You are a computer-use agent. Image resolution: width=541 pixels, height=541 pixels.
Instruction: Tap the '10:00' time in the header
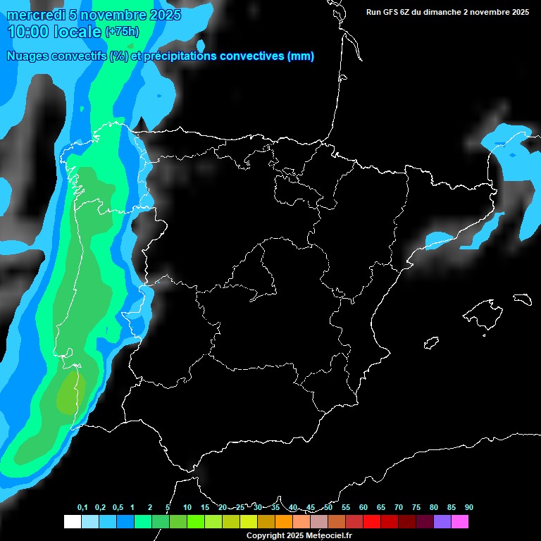(x=30, y=31)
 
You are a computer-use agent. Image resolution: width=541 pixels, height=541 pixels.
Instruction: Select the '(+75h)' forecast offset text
(x=122, y=32)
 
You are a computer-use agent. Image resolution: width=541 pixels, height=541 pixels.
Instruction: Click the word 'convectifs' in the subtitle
(x=78, y=56)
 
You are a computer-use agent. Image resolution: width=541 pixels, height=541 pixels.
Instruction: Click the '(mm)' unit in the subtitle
(x=301, y=56)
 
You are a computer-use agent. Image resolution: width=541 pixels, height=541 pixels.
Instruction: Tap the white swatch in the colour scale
(x=72, y=522)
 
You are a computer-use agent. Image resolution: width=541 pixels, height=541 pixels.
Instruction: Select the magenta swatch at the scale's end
(x=460, y=522)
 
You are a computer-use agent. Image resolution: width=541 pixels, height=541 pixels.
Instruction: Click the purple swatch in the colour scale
(x=442, y=522)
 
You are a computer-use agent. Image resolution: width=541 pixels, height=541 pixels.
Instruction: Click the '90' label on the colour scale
(x=469, y=508)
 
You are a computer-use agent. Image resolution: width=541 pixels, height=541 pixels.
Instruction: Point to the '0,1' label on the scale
(x=82, y=508)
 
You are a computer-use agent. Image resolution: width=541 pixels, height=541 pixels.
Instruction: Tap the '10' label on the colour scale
(x=187, y=508)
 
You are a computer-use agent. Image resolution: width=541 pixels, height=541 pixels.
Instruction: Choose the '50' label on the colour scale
(x=328, y=508)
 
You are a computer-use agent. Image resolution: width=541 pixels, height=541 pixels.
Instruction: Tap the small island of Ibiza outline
(x=431, y=343)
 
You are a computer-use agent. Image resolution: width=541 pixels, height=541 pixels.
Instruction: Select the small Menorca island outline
(x=522, y=299)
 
